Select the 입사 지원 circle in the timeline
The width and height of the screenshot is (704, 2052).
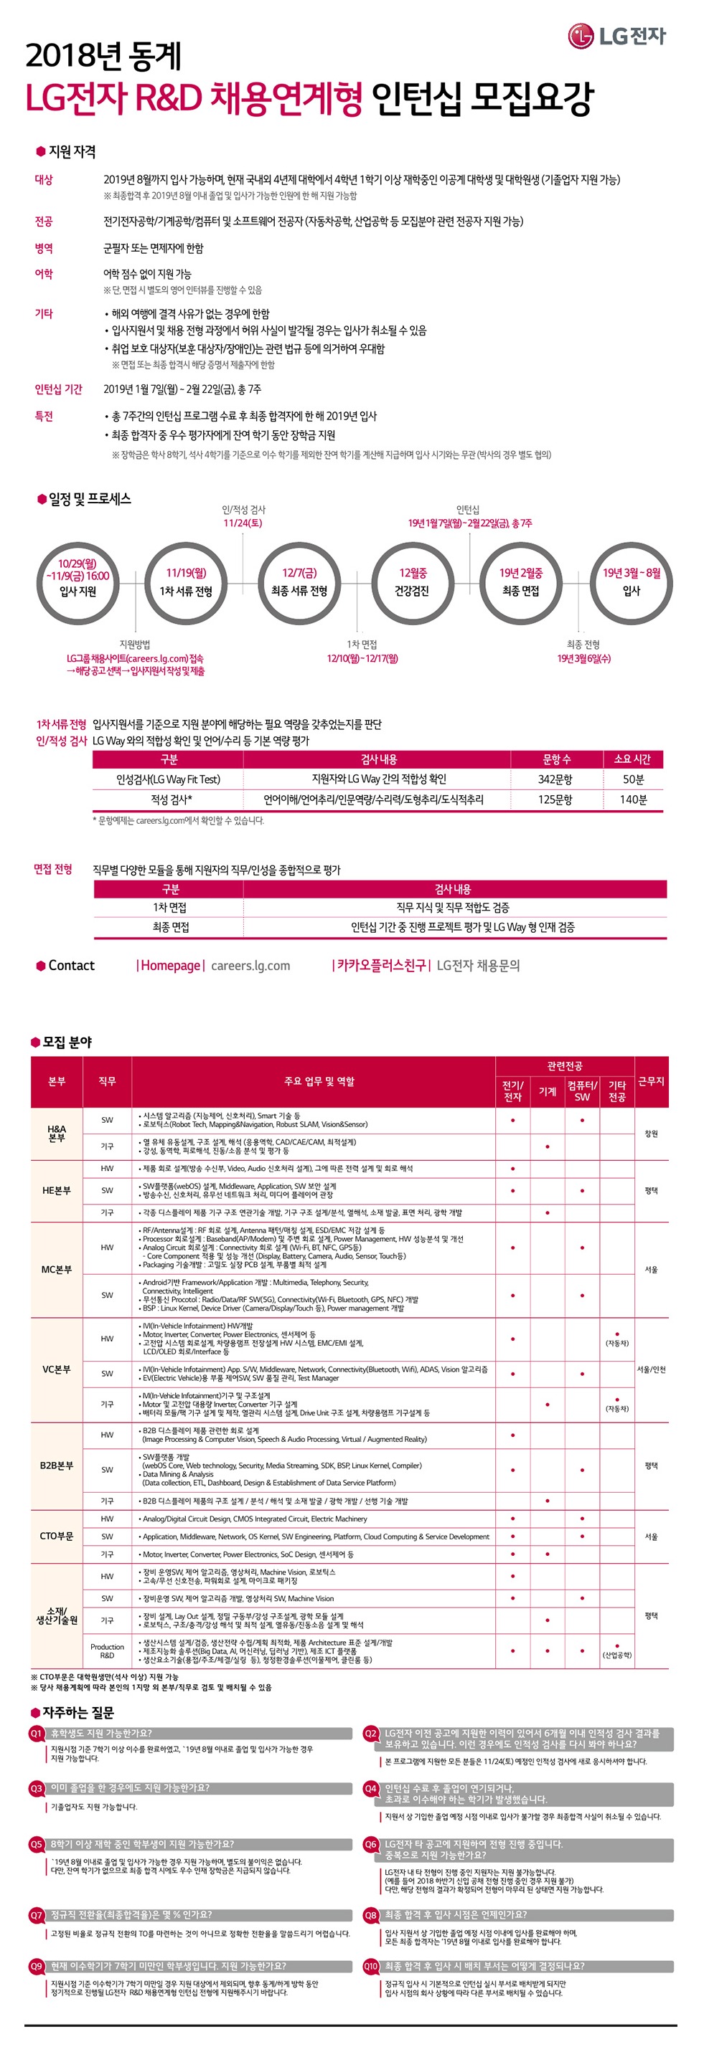coord(78,582)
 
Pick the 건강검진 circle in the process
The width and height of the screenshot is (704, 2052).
coord(413,582)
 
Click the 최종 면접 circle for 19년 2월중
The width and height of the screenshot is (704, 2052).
coord(520,582)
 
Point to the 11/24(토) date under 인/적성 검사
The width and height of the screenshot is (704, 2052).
coord(243,523)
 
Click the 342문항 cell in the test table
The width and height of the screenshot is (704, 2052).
coord(555,779)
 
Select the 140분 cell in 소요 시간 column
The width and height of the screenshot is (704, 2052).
coord(633,799)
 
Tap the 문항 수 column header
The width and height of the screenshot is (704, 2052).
coord(555,759)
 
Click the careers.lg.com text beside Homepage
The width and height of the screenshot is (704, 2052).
coord(250,966)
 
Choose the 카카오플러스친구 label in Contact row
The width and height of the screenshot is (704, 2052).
coord(381,966)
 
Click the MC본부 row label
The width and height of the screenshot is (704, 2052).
coord(57,1269)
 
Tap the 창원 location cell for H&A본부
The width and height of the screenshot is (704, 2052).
coord(651,1133)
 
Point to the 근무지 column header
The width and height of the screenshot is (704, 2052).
coord(651,1081)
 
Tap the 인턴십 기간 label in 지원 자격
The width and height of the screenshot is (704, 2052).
coord(58,389)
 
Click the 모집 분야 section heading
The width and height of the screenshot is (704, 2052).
coord(67,1042)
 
